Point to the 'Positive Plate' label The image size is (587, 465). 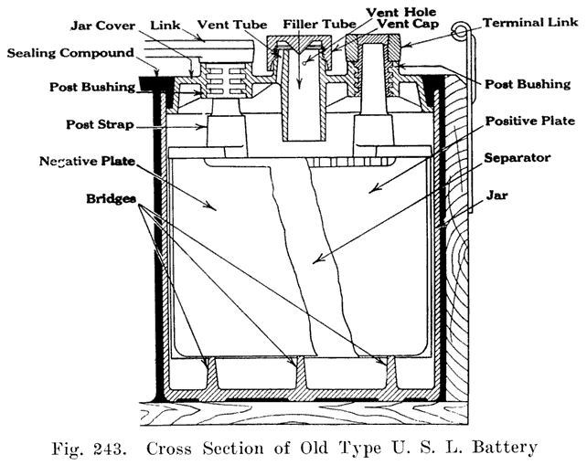point(529,121)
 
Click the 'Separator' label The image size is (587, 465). point(521,158)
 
